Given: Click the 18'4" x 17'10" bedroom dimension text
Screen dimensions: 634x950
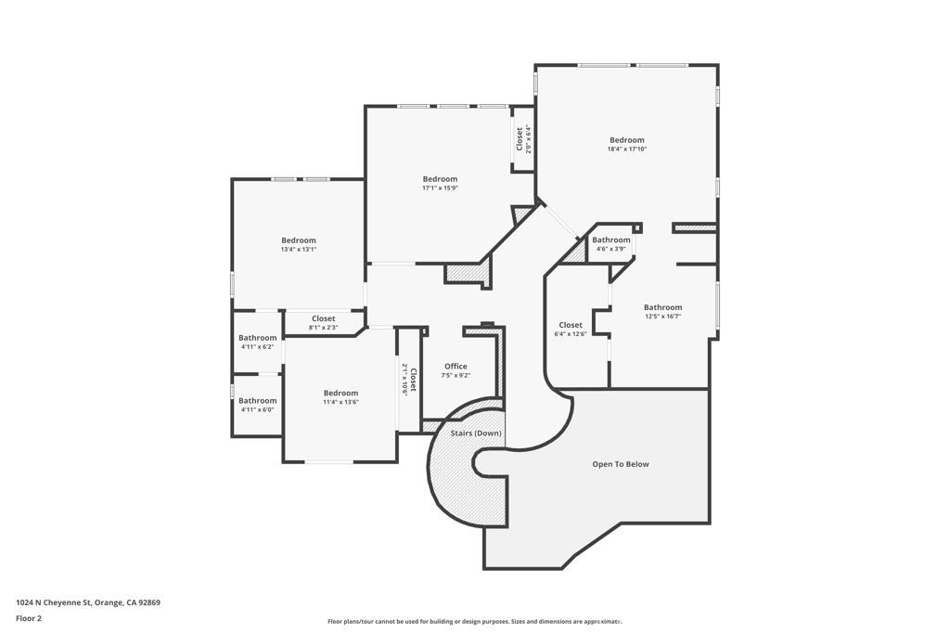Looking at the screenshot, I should [x=626, y=149].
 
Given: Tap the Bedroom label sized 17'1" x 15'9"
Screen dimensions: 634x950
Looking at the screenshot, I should [x=440, y=179].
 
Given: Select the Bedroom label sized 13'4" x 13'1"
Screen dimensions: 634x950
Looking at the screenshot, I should [x=299, y=240].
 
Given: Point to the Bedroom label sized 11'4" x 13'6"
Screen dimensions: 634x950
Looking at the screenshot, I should [x=340, y=393].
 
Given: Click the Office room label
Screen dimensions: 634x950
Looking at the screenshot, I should [x=456, y=366].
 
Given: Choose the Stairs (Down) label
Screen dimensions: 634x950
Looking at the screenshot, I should [x=476, y=433].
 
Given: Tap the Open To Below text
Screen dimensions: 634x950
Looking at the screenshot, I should [x=621, y=464].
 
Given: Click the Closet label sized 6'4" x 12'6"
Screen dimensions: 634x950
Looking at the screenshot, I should [x=571, y=325].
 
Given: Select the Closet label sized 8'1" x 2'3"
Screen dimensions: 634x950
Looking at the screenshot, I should [x=323, y=318].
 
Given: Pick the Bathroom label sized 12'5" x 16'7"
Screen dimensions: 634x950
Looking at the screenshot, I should [x=662, y=307].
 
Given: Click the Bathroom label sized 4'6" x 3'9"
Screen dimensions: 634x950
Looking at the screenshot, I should [x=611, y=239].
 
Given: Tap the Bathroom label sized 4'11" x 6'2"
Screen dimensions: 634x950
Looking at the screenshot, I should [x=257, y=338].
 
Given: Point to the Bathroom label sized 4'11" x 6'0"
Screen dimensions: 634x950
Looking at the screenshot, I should [x=257, y=401].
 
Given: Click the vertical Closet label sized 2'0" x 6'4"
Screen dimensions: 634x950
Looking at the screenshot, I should [x=519, y=138].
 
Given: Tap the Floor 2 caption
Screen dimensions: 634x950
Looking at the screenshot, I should [x=29, y=618].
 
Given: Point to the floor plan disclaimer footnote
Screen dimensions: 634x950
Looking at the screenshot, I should [x=474, y=622].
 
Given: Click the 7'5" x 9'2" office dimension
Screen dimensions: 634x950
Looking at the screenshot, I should [x=456, y=375].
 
